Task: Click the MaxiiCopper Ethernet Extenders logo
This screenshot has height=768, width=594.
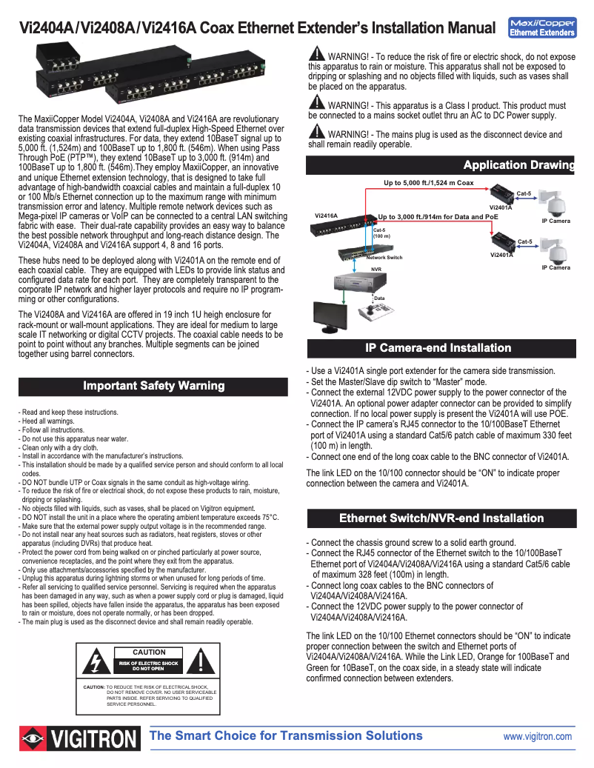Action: point(543,27)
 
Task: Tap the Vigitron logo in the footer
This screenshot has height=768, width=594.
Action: point(80,738)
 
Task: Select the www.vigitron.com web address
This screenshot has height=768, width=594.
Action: point(537,736)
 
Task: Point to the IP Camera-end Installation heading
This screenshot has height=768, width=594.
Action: point(438,348)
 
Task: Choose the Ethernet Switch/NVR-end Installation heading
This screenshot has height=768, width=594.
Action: point(441,518)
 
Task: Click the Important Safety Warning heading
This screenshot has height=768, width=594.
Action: point(153,386)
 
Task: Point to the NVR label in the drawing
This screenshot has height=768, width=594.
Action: point(376,270)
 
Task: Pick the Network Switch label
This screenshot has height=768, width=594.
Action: point(384,257)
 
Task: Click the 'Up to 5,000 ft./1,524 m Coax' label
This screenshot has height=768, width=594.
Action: point(428,182)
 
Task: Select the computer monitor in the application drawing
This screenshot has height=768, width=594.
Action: point(329,318)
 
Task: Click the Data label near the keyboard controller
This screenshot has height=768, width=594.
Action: point(379,298)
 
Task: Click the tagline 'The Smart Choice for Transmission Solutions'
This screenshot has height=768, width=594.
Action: point(286,735)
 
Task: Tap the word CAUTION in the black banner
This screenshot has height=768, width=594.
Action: point(148,652)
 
